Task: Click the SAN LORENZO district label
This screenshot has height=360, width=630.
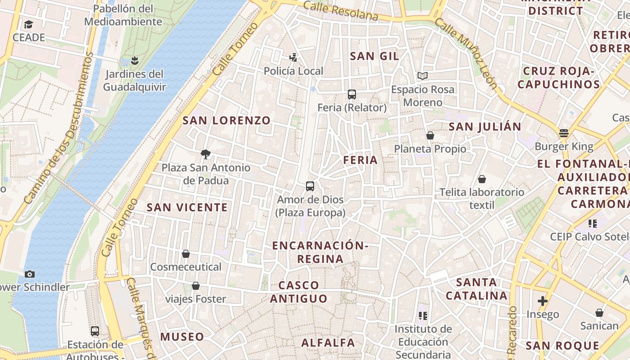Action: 226,121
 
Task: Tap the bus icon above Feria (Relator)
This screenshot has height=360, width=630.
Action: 352,94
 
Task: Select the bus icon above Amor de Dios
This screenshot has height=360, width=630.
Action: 310,186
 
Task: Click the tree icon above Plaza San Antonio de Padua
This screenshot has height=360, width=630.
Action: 206,154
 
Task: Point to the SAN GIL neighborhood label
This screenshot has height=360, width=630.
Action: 374,56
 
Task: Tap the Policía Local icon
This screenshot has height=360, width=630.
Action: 293,58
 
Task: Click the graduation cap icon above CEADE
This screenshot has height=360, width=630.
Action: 29,24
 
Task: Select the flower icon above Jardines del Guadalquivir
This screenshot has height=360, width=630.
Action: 134,60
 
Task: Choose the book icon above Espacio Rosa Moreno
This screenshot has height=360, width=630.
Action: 422,76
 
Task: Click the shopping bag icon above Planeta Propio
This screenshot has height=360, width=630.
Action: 430,135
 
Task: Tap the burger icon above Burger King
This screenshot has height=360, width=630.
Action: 564,133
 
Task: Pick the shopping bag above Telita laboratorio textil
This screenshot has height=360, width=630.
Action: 482,179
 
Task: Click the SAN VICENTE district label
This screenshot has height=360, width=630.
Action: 187,207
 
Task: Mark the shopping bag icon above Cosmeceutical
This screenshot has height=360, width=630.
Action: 186,254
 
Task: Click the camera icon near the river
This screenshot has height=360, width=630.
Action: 30,274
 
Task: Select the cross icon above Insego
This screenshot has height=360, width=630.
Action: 543,301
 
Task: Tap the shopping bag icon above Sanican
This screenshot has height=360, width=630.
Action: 599,313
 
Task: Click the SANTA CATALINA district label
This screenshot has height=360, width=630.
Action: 477,289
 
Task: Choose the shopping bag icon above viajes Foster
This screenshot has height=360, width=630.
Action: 196,286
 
